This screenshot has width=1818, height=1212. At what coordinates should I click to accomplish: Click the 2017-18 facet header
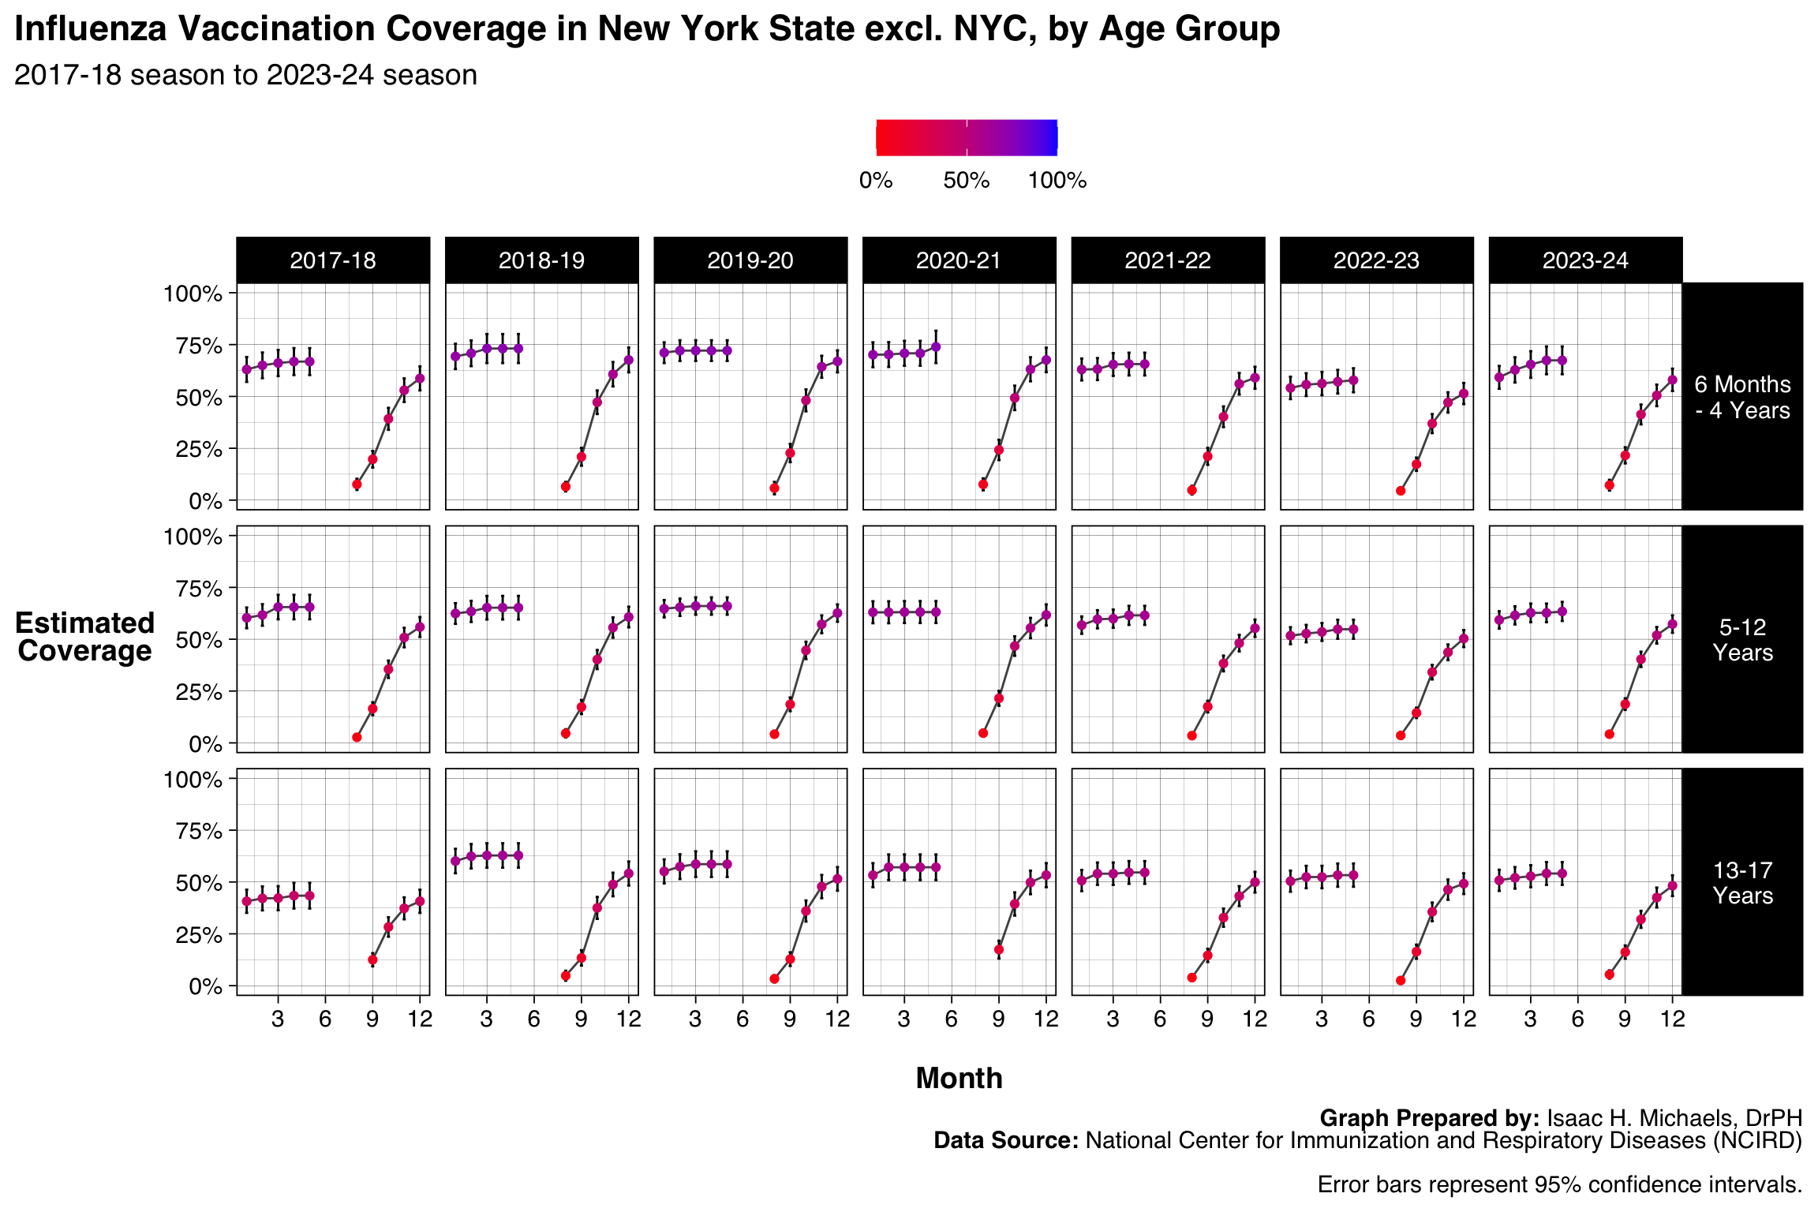pos(332,260)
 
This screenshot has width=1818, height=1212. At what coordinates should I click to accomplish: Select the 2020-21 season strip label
pos(959,260)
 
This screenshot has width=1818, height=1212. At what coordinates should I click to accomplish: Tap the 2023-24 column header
pos(1585,260)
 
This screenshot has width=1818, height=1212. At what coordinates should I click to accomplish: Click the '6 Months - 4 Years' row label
pos(1742,397)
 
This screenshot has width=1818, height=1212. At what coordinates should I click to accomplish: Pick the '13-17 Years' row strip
pos(1742,883)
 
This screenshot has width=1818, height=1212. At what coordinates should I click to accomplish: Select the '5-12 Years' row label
pos(1742,640)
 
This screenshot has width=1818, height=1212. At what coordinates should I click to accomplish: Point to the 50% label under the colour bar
pos(966,181)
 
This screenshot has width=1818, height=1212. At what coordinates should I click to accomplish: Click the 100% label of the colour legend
pos(1057,181)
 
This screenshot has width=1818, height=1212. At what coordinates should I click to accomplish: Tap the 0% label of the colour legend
pos(876,181)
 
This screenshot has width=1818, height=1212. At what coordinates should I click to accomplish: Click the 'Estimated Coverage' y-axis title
pos(84,637)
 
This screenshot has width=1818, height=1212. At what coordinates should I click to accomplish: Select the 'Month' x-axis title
pos(959,1078)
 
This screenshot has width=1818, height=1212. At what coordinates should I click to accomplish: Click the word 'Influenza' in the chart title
pos(91,29)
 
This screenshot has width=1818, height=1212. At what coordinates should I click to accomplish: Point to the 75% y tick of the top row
pos(193,346)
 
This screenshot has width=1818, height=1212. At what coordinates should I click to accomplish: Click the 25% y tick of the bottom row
pos(193,935)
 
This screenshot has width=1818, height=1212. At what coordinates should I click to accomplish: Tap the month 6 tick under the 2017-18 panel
pos(325,1019)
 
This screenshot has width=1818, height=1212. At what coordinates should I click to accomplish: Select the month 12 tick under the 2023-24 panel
pos(1672,1019)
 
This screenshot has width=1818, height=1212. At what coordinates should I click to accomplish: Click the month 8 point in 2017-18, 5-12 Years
pos(357,737)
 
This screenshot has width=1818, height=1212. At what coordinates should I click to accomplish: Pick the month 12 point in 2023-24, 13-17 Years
pos(1672,886)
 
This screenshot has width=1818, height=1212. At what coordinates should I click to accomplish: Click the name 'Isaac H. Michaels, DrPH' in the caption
pos(1674,1118)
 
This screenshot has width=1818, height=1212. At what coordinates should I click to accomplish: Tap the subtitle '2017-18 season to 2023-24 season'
pos(245,75)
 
